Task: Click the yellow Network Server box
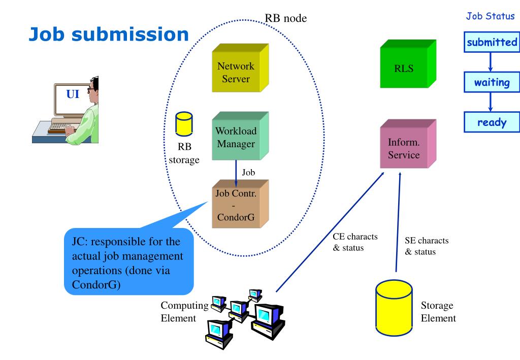point(240,68)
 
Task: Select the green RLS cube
point(408,64)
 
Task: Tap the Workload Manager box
point(240,136)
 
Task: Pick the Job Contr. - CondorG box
point(240,204)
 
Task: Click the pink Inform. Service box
point(408,144)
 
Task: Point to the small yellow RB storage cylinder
point(184,124)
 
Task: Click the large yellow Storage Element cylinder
point(394,308)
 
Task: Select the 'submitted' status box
point(492,42)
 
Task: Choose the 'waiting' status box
point(492,82)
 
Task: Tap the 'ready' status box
point(492,122)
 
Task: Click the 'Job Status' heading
point(490,16)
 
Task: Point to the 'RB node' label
point(285,18)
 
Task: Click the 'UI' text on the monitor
point(73,94)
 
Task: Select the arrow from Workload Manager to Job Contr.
point(236,173)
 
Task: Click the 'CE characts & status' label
point(355,242)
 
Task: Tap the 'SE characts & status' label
point(427,246)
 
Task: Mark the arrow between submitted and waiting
point(490,62)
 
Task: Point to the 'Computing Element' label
point(184,312)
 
